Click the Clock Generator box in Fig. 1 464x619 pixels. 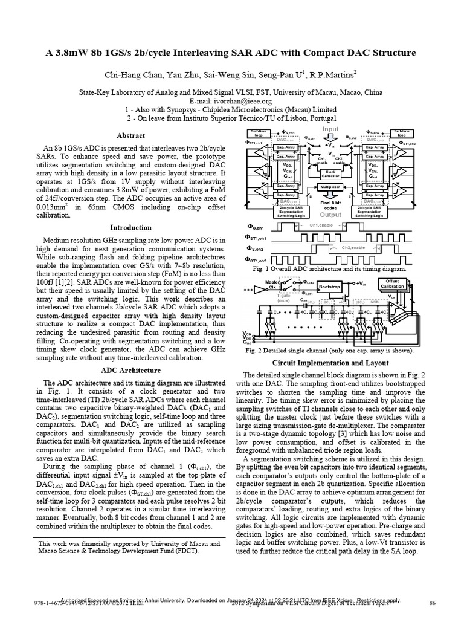330,173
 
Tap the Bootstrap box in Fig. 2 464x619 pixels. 330,287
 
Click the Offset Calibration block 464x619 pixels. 392,284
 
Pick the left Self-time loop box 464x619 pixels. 259,133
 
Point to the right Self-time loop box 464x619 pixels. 401,133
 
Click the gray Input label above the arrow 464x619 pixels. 330,129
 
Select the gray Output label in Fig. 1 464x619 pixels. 330,214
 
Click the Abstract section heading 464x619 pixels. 130,135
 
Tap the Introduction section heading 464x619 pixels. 130,228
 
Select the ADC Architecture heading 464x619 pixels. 130,370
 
